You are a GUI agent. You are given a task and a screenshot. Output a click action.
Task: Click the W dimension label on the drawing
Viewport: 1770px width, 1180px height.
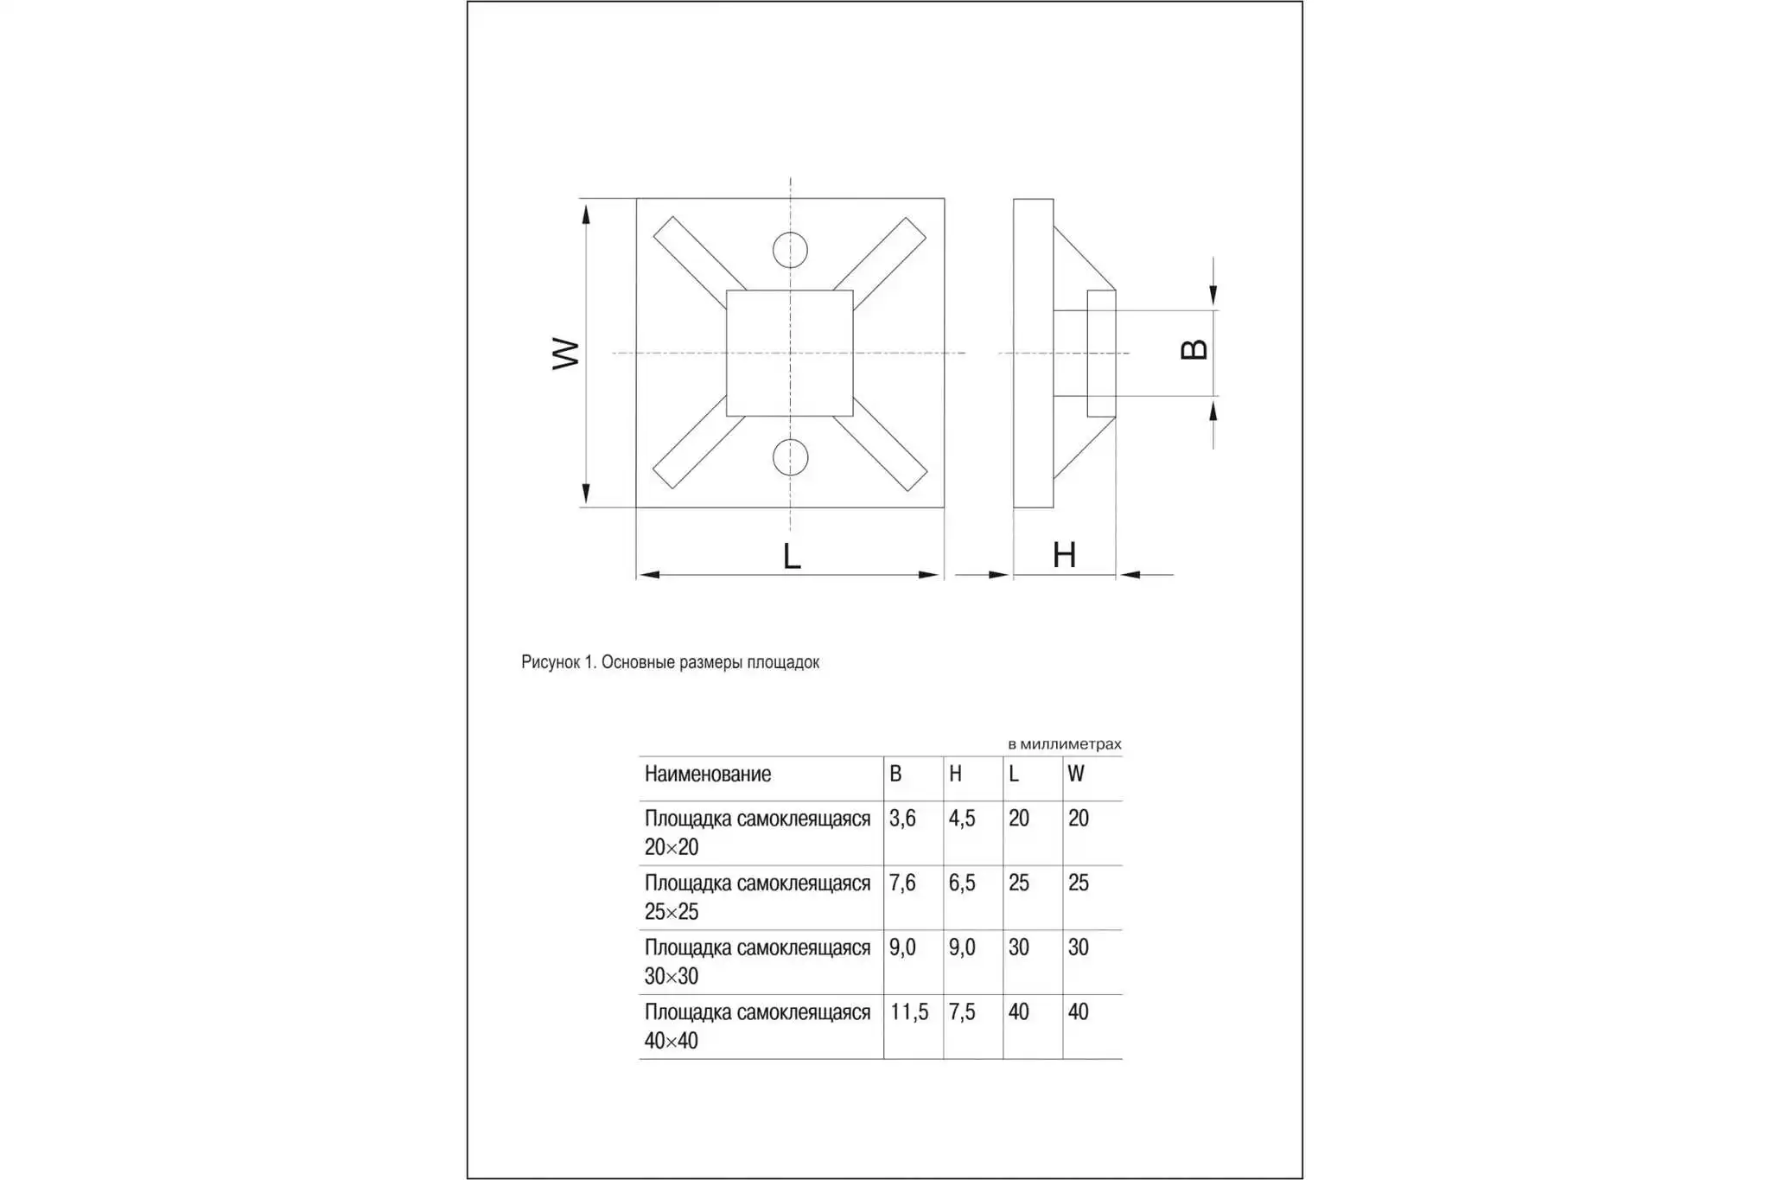pyautogui.click(x=565, y=353)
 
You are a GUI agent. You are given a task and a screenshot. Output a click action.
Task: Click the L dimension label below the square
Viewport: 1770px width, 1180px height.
pyautogui.click(x=792, y=556)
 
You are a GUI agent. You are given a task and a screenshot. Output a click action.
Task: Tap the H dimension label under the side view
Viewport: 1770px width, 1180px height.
pyautogui.click(x=1064, y=555)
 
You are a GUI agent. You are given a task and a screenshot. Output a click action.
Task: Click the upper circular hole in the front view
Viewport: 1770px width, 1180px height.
pyautogui.click(x=790, y=251)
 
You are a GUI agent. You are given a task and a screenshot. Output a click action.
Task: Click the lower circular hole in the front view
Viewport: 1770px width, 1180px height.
pyautogui.click(x=790, y=457)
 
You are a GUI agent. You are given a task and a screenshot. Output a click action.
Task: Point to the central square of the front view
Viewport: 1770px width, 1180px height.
pyautogui.click(x=789, y=353)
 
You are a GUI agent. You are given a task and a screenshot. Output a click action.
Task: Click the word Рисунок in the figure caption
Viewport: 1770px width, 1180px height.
pyautogui.click(x=550, y=662)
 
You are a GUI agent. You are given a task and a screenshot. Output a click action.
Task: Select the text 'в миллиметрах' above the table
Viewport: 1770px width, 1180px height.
pyautogui.click(x=1064, y=744)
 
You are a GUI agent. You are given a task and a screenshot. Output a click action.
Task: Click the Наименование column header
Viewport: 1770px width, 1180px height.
pyautogui.click(x=707, y=775)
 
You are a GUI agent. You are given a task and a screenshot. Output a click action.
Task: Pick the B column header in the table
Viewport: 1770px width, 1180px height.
pyautogui.click(x=895, y=775)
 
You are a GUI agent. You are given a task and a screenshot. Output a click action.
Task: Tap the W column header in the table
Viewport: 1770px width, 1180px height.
pyautogui.click(x=1075, y=775)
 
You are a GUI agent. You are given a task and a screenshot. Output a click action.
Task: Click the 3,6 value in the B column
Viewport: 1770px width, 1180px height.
pyautogui.click(x=901, y=819)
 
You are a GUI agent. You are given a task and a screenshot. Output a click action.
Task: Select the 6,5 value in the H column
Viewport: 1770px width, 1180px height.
pyautogui.click(x=961, y=883)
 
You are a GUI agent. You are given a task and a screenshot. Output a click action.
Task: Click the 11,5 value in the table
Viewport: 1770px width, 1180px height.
pyautogui.click(x=908, y=1012)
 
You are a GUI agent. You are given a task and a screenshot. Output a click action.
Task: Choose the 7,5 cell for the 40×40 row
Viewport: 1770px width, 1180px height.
pyautogui.click(x=961, y=1012)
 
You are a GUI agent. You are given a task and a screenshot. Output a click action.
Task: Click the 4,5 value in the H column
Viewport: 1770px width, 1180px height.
pyautogui.click(x=961, y=819)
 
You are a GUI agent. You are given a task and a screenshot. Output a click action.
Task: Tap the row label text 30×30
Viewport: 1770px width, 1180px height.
pyautogui.click(x=671, y=977)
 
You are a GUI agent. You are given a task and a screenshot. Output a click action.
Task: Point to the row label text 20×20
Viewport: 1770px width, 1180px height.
pyautogui.click(x=671, y=847)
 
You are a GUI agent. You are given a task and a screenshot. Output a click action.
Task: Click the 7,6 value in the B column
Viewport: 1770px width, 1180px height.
pyautogui.click(x=901, y=883)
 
